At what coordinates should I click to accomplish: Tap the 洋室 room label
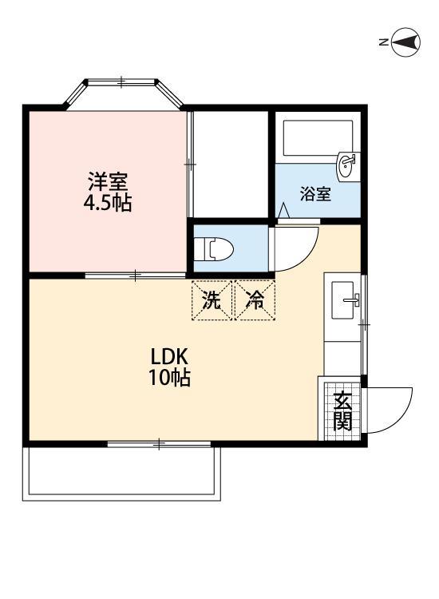point(108,182)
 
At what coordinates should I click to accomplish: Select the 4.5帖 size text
point(108,203)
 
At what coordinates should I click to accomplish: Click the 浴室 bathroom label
point(315,194)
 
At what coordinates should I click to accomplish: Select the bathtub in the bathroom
point(318,141)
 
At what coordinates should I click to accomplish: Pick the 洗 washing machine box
point(212,301)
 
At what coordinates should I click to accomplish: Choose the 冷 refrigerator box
point(255,301)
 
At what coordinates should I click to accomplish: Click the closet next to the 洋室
point(230,164)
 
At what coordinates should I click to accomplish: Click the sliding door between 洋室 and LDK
point(136,276)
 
